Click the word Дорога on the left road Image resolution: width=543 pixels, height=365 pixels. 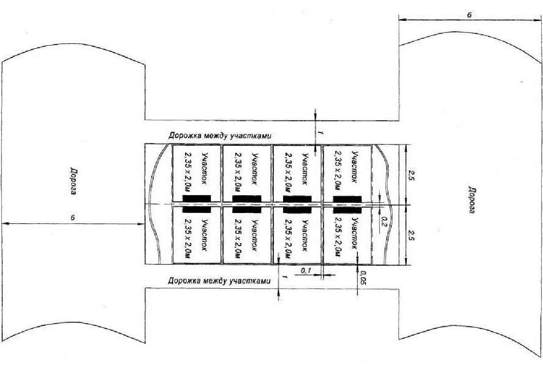(72, 181)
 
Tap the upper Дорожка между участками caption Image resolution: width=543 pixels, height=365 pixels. (220, 135)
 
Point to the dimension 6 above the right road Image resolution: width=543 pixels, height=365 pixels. (469, 15)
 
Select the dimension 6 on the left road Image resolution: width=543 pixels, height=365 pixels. (73, 217)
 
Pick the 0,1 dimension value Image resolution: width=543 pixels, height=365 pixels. (306, 271)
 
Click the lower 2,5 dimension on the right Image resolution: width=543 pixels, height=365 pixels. (411, 235)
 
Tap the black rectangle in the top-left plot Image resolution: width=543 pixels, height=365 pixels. (196, 198)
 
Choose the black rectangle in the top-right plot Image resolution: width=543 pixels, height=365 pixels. (347, 199)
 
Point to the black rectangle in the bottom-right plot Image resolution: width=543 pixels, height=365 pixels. (347, 209)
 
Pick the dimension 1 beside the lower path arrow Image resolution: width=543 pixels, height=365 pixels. (283, 277)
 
